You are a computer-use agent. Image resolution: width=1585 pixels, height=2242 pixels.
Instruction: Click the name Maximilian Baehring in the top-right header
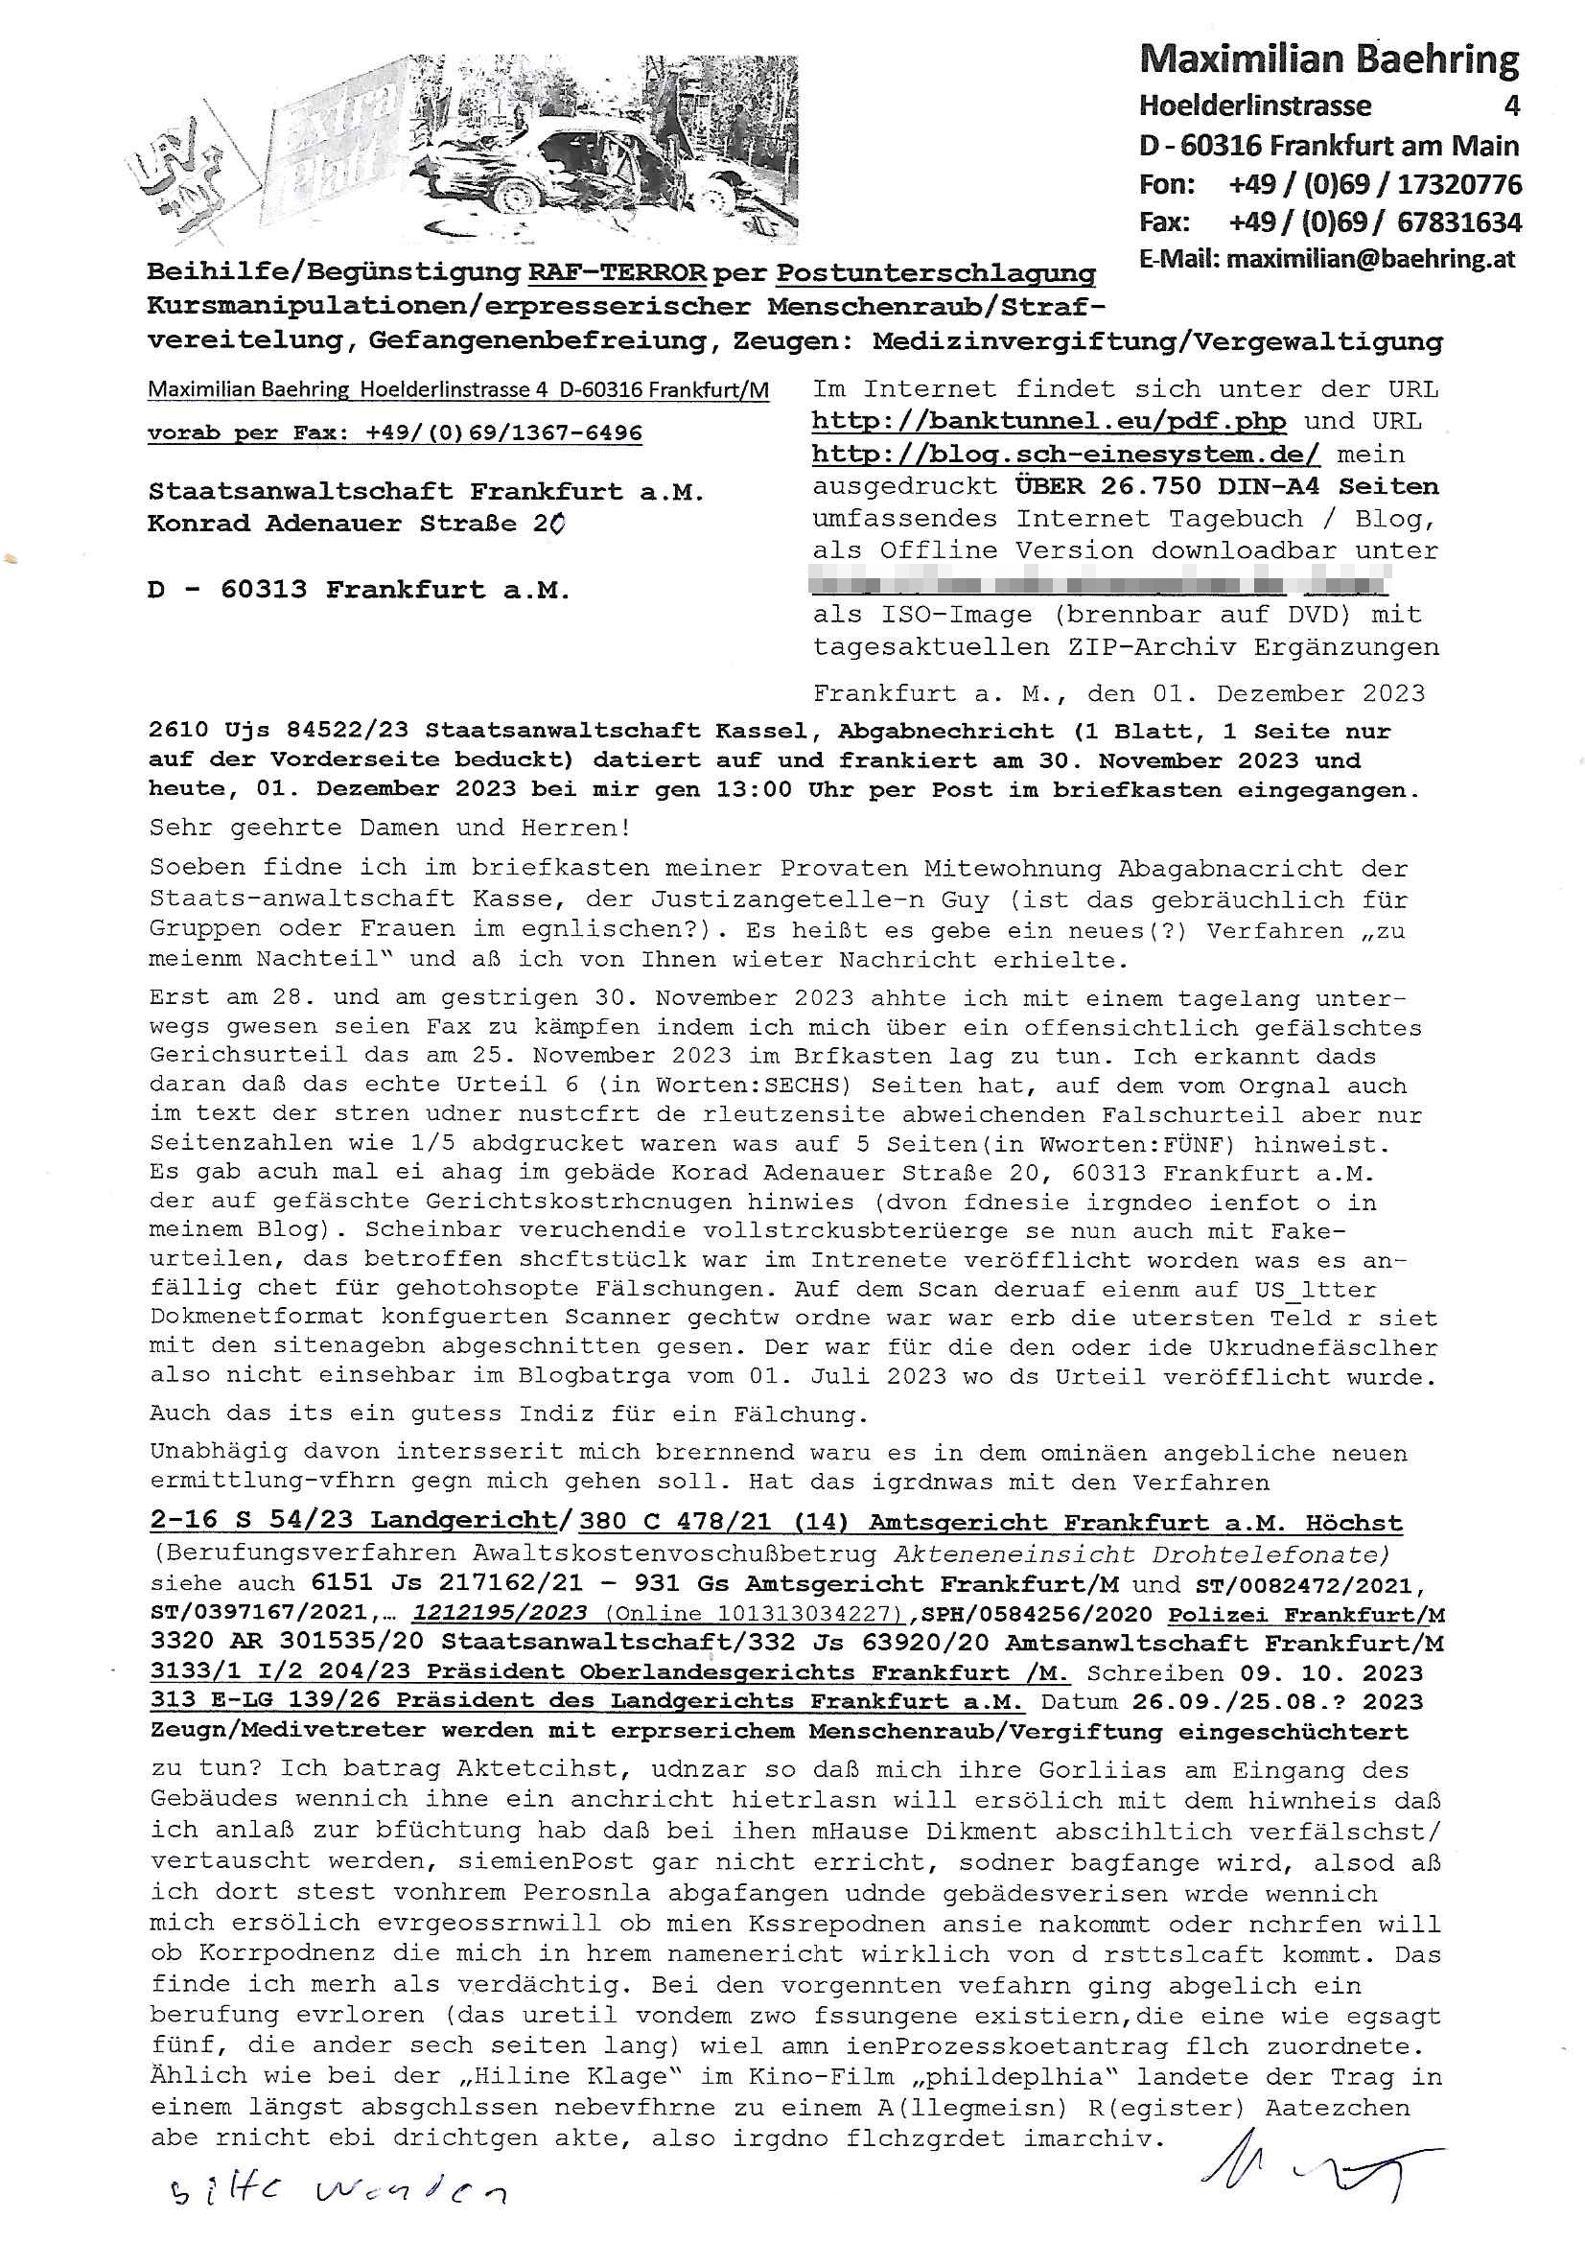point(1328,60)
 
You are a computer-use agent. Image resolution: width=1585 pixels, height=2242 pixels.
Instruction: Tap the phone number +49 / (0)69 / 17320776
point(1375,183)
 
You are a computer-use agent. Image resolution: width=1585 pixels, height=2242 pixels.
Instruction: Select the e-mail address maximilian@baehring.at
point(1371,259)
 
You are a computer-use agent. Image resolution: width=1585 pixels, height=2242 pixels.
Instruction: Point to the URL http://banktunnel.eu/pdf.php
point(1049,422)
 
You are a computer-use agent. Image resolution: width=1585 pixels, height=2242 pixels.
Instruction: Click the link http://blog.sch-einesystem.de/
point(1065,455)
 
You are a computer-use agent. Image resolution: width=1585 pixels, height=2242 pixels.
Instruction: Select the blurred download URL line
point(1100,582)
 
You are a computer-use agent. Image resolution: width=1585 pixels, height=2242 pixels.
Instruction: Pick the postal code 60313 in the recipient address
point(263,590)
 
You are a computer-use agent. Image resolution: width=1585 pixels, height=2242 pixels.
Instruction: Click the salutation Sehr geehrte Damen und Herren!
point(389,829)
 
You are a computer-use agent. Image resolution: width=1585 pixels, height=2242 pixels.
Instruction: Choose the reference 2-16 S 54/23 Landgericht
point(353,1523)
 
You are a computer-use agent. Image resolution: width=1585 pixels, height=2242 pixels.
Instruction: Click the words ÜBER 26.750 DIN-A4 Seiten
point(1224,486)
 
